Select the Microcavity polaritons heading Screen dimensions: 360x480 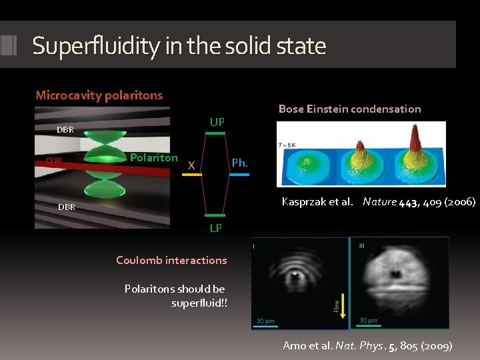pos(99,95)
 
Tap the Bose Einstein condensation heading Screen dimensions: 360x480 pos(349,109)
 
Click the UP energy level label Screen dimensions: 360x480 pos(217,122)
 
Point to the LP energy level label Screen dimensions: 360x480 pos(216,228)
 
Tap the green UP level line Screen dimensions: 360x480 pos(215,133)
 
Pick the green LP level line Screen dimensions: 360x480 pos(215,216)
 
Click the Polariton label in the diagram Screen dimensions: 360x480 pos(154,158)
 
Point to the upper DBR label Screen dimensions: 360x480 pos(65,130)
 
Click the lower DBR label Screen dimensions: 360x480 pos(66,207)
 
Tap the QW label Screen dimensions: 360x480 pos(54,160)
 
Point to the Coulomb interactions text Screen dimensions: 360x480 pos(171,260)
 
